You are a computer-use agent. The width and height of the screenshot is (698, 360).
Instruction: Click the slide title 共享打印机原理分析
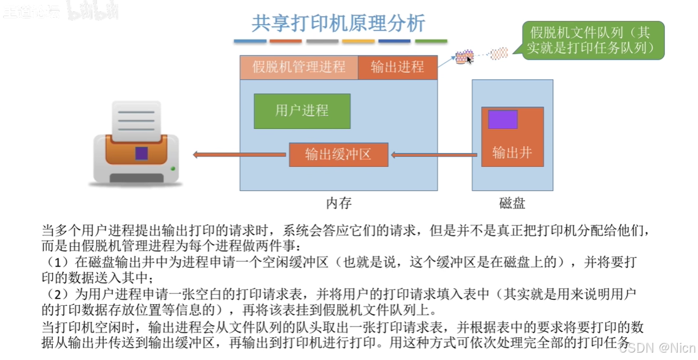click(338, 23)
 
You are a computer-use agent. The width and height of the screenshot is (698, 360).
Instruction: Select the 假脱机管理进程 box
click(298, 68)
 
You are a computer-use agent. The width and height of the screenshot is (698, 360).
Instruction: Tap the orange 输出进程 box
click(397, 68)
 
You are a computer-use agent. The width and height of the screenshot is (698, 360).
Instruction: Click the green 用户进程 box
click(302, 111)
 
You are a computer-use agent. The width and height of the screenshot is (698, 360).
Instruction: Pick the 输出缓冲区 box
click(338, 154)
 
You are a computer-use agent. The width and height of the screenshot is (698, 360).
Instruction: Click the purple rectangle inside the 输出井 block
click(503, 119)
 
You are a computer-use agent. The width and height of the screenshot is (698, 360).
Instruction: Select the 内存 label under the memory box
click(338, 203)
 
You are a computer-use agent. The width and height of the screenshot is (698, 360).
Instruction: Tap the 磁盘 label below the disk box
click(512, 203)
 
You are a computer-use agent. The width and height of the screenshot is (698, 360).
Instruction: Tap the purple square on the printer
click(141, 152)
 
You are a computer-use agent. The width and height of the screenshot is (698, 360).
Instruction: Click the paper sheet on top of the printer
click(136, 120)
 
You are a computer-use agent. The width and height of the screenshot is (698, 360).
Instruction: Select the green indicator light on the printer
click(173, 168)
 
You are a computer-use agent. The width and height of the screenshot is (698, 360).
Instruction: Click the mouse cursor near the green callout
click(468, 59)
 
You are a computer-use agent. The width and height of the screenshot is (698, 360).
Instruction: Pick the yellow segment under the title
click(358, 41)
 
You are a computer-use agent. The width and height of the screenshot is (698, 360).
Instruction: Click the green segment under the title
click(431, 41)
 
